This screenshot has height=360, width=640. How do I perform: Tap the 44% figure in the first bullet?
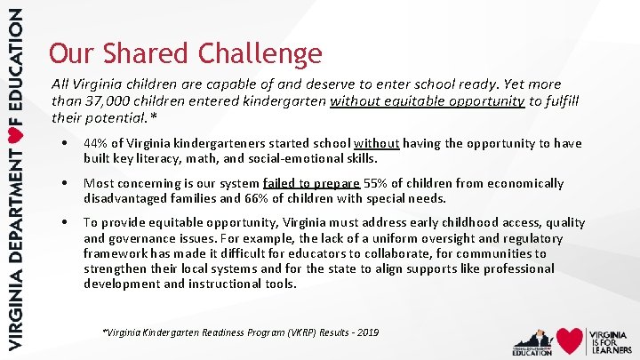coord(96,143)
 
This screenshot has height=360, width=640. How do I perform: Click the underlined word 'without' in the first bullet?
coord(377,143)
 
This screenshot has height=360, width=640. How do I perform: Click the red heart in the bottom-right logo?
coord(570,340)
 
